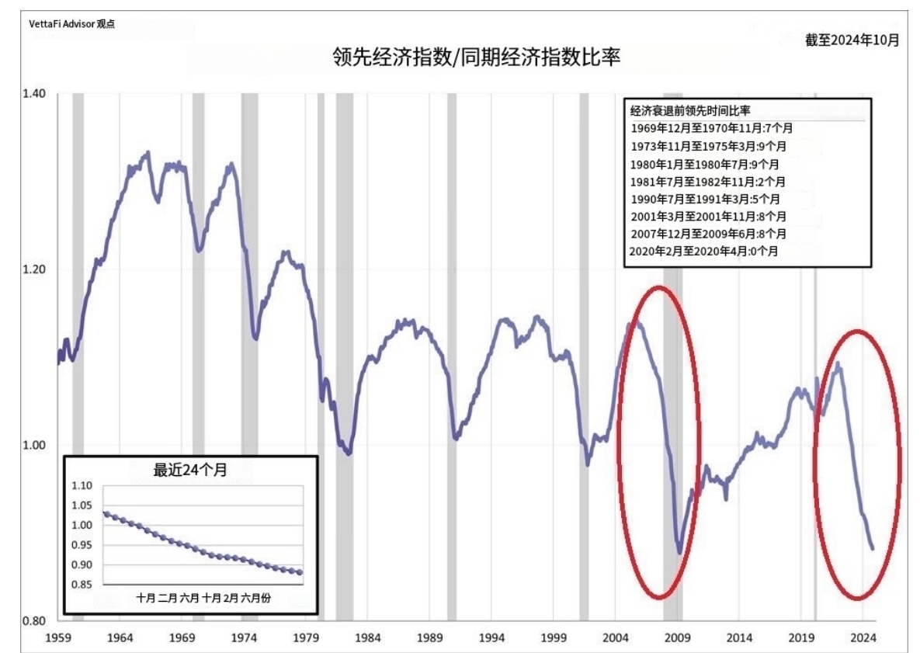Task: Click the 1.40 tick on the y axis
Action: pyautogui.click(x=34, y=94)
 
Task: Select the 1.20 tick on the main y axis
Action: pyautogui.click(x=34, y=269)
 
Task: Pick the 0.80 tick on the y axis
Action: pyautogui.click(x=34, y=621)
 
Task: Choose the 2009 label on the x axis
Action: pyautogui.click(x=678, y=637)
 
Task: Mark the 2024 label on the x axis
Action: pyautogui.click(x=863, y=637)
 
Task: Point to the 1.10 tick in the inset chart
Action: pyautogui.click(x=82, y=486)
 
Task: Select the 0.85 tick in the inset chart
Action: pyautogui.click(x=82, y=585)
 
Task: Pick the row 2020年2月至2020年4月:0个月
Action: pyautogui.click(x=703, y=251)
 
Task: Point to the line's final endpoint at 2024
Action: pyautogui.click(x=873, y=548)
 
